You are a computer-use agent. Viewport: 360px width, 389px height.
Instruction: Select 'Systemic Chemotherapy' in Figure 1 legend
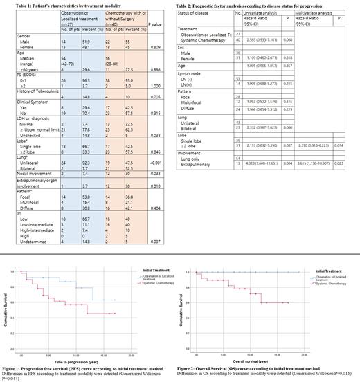pyautogui.click(x=149, y=282)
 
